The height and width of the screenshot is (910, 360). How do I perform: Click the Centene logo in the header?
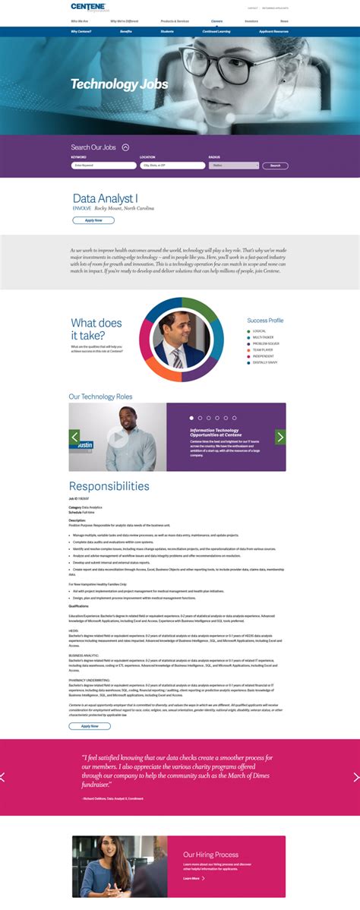click(x=90, y=8)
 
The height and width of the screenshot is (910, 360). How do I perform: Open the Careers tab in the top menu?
click(x=217, y=21)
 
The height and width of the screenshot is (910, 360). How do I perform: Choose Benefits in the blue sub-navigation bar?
click(x=126, y=32)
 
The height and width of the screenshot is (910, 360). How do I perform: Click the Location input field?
click(x=172, y=165)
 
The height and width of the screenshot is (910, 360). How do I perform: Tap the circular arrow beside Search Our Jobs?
click(x=125, y=147)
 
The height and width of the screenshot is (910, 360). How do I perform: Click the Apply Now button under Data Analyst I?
click(x=93, y=220)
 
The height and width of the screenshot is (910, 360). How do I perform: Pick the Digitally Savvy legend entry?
click(x=265, y=362)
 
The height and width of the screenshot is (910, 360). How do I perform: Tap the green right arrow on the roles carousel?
click(x=280, y=437)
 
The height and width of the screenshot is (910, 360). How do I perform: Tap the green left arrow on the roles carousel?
click(x=74, y=437)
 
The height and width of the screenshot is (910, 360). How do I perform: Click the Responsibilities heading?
click(x=109, y=486)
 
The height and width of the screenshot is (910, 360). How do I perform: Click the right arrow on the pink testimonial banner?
click(x=355, y=777)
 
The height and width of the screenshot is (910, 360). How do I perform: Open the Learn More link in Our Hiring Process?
click(x=193, y=878)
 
